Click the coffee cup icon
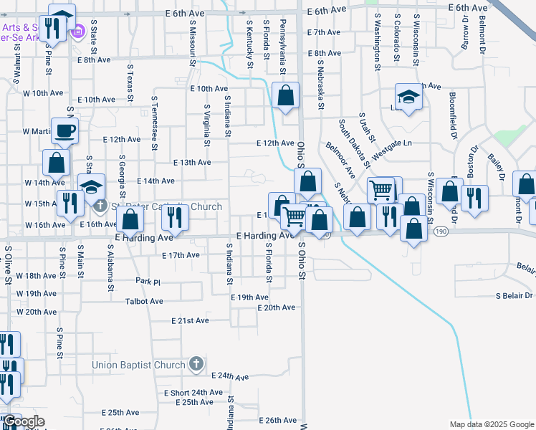(64, 131)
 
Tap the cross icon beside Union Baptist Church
(196, 365)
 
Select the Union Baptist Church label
(138, 365)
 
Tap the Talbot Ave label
(144, 302)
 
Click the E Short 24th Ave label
(193, 393)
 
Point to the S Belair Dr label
(515, 295)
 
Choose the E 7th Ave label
(323, 32)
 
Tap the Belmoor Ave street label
(340, 160)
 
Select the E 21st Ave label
(190, 320)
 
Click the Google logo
(24, 421)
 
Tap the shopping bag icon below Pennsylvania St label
(285, 96)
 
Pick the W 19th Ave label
(35, 294)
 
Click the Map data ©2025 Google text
(491, 424)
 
